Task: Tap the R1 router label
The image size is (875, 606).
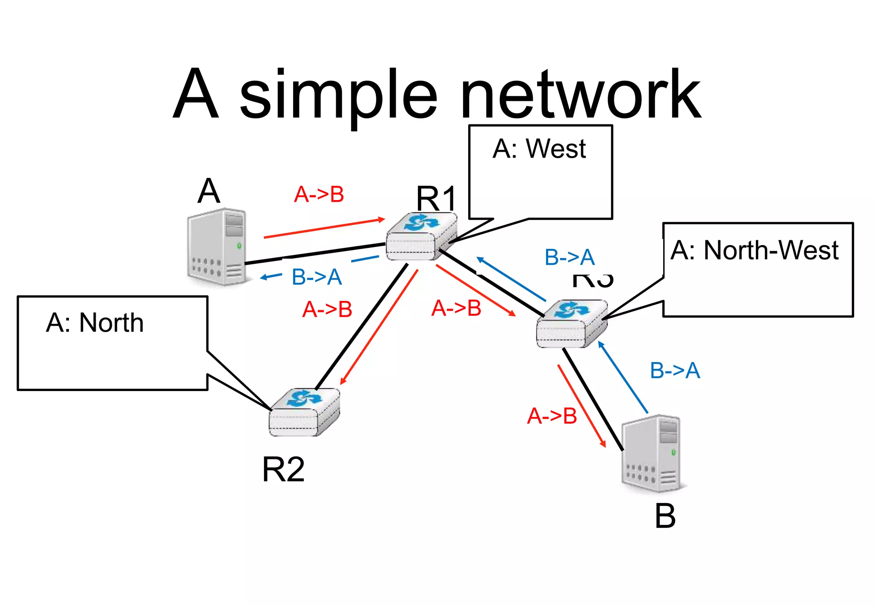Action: [x=436, y=199]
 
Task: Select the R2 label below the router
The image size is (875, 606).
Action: [x=283, y=469]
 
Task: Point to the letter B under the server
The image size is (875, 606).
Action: [x=665, y=516]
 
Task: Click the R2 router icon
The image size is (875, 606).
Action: [x=304, y=412]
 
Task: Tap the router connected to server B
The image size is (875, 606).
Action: [x=571, y=324]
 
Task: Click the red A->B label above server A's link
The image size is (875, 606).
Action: [x=319, y=194]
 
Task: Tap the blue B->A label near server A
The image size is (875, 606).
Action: [x=317, y=277]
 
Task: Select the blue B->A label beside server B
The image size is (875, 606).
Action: [x=675, y=370]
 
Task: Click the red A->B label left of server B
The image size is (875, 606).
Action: [x=552, y=416]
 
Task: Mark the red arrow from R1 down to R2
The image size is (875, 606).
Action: [x=379, y=327]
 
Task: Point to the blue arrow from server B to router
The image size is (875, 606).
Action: [x=623, y=377]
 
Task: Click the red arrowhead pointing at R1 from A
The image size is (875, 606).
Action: [x=381, y=220]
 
